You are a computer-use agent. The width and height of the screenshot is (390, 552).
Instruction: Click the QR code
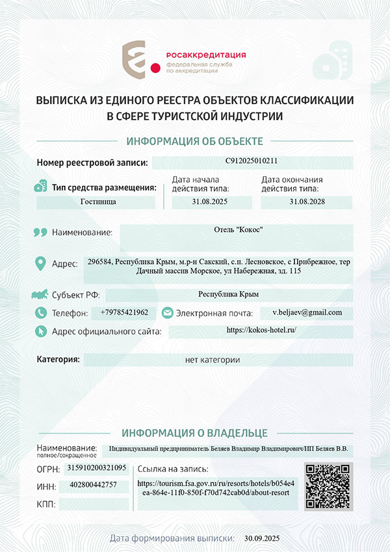(329, 486)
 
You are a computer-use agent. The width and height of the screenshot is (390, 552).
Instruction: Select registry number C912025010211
(252, 161)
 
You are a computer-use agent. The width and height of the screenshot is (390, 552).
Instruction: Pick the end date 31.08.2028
(306, 202)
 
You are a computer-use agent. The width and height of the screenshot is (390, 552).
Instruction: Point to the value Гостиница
(98, 202)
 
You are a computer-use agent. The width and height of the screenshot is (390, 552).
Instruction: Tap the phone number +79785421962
(124, 313)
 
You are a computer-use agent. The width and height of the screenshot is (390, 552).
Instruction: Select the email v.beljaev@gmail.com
(307, 313)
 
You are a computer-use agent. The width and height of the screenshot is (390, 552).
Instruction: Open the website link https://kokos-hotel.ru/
(261, 330)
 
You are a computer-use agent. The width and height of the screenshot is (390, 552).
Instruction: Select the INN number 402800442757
(93, 485)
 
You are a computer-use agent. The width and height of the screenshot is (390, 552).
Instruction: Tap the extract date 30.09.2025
(261, 538)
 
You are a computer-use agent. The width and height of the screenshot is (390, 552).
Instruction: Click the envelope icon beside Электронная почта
(167, 313)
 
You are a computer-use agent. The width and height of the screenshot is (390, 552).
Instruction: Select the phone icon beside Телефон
(41, 313)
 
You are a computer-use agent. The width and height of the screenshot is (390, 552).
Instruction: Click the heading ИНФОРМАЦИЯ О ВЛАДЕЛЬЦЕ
(194, 432)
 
